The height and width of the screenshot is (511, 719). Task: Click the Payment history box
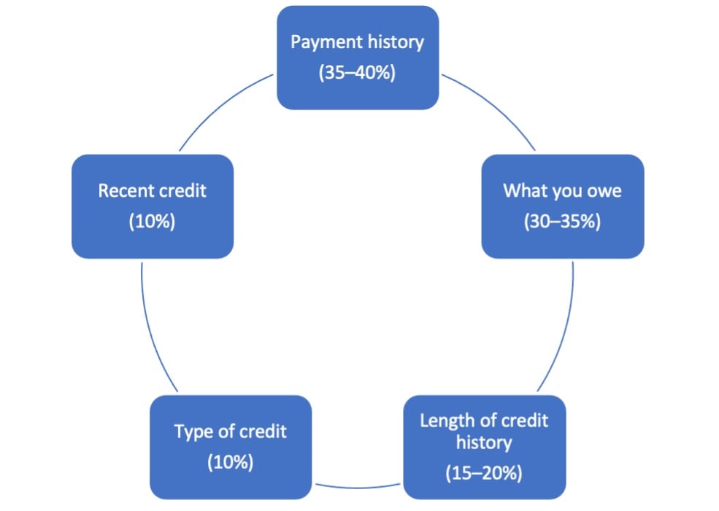click(x=358, y=58)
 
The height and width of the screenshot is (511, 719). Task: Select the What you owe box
click(x=563, y=206)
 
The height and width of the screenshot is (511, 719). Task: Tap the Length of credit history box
click(x=485, y=448)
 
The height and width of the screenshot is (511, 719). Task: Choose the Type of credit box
click(x=231, y=448)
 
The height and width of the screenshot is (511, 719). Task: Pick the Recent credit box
click(x=153, y=206)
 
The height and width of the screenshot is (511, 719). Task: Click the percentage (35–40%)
click(x=357, y=72)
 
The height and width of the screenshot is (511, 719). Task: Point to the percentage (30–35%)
click(x=563, y=221)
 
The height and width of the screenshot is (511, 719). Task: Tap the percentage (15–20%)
click(x=484, y=473)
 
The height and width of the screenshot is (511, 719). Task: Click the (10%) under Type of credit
click(x=230, y=462)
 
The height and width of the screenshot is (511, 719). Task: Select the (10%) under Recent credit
click(x=153, y=221)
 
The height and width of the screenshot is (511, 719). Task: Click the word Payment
click(x=322, y=42)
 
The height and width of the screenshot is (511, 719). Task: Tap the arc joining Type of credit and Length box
click(x=358, y=487)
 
